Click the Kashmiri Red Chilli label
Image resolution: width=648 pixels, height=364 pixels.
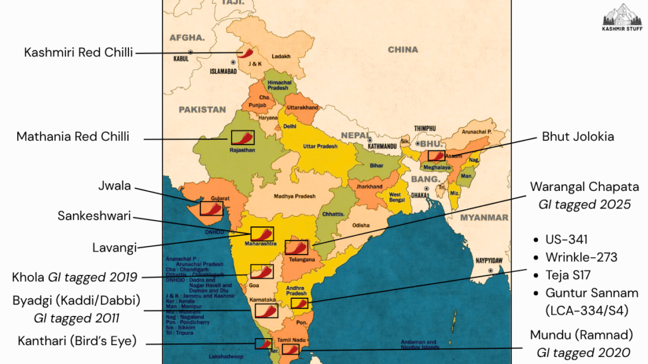coord(78,52)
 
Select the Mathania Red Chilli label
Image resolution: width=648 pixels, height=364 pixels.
coord(73,136)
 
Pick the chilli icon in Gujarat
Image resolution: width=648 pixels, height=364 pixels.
coord(211,208)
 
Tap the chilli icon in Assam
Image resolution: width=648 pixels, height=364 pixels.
coord(436,155)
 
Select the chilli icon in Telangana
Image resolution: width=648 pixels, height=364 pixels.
coord(296,246)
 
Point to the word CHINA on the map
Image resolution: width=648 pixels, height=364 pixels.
coord(403,49)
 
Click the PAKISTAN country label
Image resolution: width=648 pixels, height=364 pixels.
coord(202,109)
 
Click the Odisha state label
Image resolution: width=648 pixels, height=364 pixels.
coord(361,225)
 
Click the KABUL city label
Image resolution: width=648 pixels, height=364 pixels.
coord(181,59)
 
